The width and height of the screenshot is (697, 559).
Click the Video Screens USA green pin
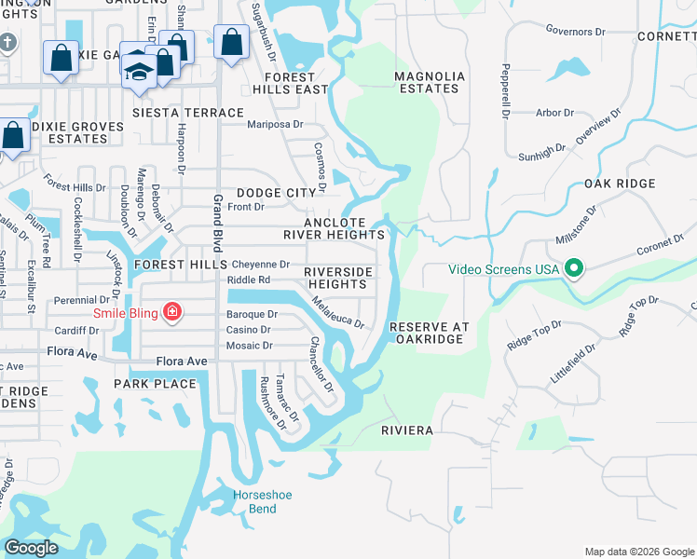click(574, 269)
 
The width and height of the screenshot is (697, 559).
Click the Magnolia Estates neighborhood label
click(427, 82)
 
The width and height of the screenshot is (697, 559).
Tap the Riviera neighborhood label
click(407, 430)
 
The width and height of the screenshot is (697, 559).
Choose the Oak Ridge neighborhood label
click(620, 184)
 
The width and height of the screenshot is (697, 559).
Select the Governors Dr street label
click(575, 32)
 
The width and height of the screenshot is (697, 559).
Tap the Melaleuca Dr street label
click(337, 312)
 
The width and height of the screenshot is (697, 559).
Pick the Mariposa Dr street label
click(275, 124)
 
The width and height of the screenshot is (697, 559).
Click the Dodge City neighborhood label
click(276, 192)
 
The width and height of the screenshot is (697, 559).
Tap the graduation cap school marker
click(139, 72)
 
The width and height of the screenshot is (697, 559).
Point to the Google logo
click(31, 548)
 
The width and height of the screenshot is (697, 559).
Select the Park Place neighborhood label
click(155, 384)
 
